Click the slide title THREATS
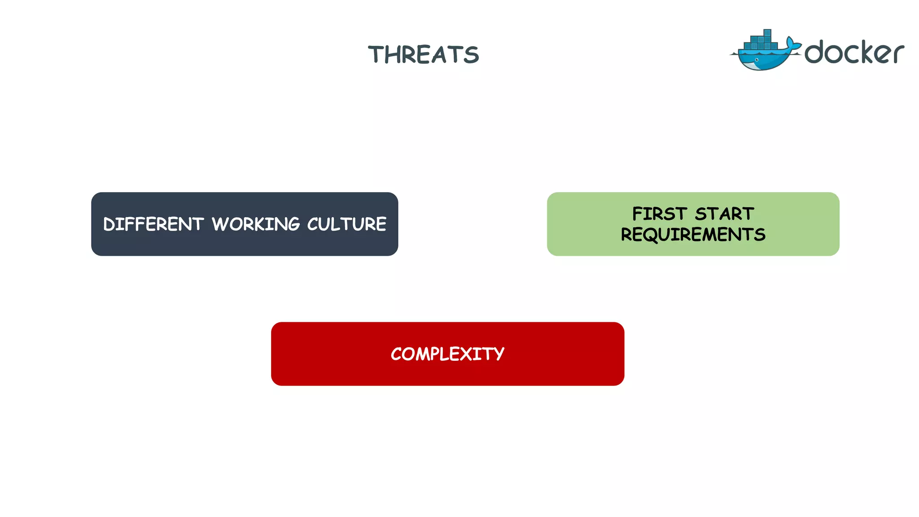(x=423, y=55)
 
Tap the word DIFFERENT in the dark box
(x=153, y=224)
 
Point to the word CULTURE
(x=346, y=224)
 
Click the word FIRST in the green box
(x=659, y=214)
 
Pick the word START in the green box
(x=724, y=214)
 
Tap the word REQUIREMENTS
(x=693, y=234)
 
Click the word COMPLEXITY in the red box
(x=447, y=354)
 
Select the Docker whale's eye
(x=757, y=60)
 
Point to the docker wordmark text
(x=854, y=53)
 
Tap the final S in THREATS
(x=471, y=55)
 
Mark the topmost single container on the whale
(x=767, y=33)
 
